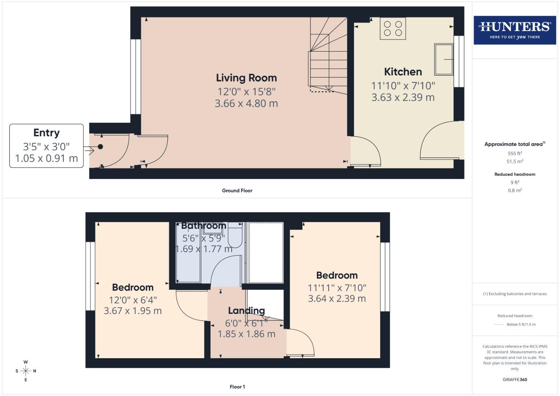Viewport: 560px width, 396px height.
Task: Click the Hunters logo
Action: coord(515,30)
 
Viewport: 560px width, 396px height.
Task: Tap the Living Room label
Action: coord(246,78)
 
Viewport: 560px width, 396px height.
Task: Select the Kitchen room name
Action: coord(403,72)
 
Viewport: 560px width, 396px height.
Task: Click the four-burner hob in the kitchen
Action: coord(393,29)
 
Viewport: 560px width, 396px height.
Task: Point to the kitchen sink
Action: coord(444,59)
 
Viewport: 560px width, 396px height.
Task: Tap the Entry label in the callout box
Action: coord(46,133)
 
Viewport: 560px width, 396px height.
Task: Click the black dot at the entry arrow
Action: coord(100,147)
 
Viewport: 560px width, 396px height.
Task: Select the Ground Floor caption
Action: coord(237,191)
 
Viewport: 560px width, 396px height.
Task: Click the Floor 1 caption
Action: coord(237,387)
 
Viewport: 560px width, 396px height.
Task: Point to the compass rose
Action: coord(26,371)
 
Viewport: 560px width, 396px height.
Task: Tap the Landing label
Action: coord(246,311)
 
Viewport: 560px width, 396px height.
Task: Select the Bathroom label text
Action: coord(204,226)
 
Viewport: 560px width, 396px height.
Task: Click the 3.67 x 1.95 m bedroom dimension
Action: coord(132,311)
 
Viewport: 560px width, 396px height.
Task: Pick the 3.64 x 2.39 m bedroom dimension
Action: coord(337,299)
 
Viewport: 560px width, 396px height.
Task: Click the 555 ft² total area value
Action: coord(515,153)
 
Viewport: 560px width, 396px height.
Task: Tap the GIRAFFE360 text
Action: coord(515,380)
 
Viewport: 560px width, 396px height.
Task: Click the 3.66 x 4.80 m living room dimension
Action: coord(246,103)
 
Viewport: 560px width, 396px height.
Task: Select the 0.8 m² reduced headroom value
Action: coord(515,190)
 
